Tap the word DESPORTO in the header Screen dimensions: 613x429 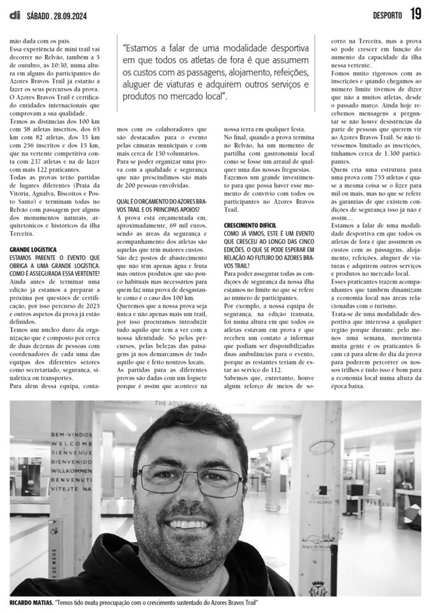382,15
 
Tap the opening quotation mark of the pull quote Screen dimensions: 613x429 125,49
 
